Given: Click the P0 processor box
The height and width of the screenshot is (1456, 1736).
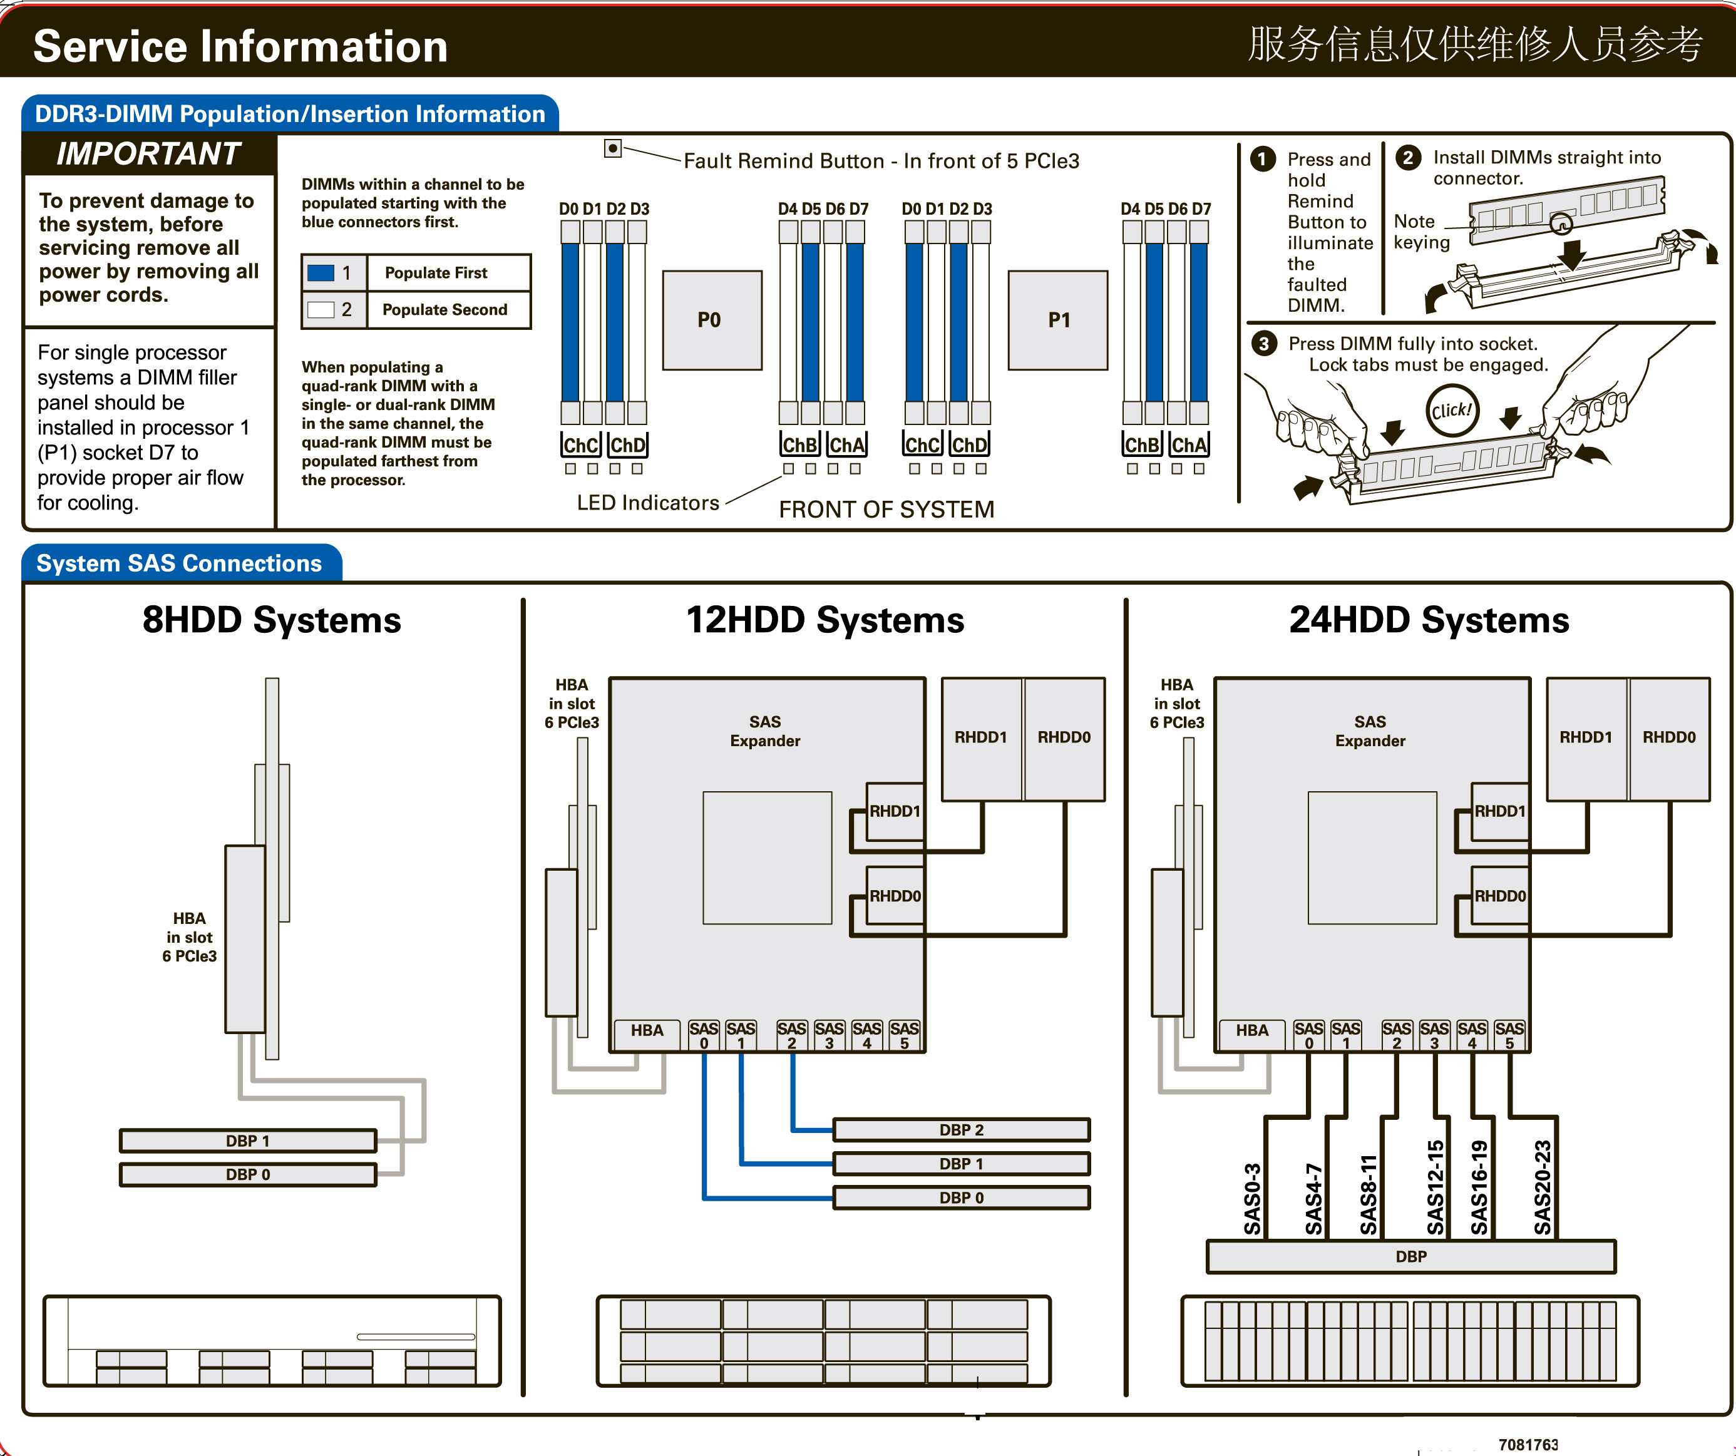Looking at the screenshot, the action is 712,320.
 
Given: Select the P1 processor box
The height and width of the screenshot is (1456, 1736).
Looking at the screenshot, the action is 1057,320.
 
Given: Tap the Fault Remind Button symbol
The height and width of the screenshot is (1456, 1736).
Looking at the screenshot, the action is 612,148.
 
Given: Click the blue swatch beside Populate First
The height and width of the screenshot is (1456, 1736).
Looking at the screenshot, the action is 321,273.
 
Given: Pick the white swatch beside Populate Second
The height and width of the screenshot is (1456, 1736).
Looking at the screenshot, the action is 321,310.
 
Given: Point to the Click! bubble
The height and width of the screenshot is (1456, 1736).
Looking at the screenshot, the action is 1452,410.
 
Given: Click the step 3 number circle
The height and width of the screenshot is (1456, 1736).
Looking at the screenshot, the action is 1263,343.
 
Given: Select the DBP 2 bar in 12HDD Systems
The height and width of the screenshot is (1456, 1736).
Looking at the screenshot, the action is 962,1129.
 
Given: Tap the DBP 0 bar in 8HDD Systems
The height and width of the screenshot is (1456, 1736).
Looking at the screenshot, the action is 248,1174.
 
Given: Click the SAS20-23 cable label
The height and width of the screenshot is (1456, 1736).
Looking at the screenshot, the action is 1543,1187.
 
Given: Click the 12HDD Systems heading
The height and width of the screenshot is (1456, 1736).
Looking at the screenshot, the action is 825,620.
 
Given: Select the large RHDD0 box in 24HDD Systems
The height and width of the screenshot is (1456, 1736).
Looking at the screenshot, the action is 1669,739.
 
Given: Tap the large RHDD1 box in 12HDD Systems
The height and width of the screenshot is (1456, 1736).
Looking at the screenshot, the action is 981,739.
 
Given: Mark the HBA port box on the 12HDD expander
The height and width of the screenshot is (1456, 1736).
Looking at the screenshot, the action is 647,1031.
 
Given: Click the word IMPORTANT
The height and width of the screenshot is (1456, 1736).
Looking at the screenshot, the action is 149,154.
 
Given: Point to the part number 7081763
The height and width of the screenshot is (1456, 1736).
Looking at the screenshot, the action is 1528,1445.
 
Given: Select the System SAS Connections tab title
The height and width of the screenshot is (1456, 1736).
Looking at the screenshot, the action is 180,563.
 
